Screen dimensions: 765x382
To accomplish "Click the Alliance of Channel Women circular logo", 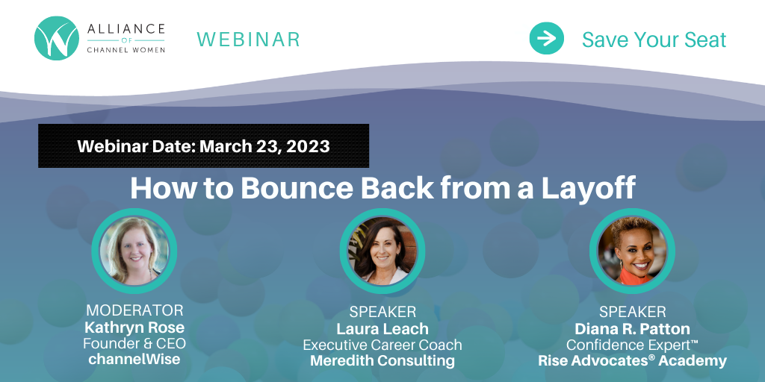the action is (57, 39).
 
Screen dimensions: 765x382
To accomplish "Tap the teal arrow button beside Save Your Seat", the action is (546, 39).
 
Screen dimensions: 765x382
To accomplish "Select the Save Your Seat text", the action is (654, 40).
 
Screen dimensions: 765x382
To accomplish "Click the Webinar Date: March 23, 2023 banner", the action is (203, 145).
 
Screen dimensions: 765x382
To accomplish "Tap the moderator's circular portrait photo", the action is (134, 251).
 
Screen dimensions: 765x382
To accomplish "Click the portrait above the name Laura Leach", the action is (382, 251).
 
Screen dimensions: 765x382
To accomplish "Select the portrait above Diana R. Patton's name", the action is (632, 251).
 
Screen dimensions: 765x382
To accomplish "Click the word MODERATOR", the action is (134, 310).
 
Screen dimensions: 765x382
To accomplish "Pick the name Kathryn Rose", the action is (134, 327).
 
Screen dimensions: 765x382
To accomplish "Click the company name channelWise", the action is (134, 360).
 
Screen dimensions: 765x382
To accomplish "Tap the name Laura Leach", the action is (382, 328).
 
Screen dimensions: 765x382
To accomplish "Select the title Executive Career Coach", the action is (382, 345).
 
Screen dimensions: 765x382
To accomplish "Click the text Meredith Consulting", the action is (382, 361).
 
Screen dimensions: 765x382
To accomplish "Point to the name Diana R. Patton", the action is (632, 328).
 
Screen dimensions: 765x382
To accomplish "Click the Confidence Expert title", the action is (632, 345).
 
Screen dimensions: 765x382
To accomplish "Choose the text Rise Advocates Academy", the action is (632, 361).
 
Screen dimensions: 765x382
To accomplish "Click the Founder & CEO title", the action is (134, 343).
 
